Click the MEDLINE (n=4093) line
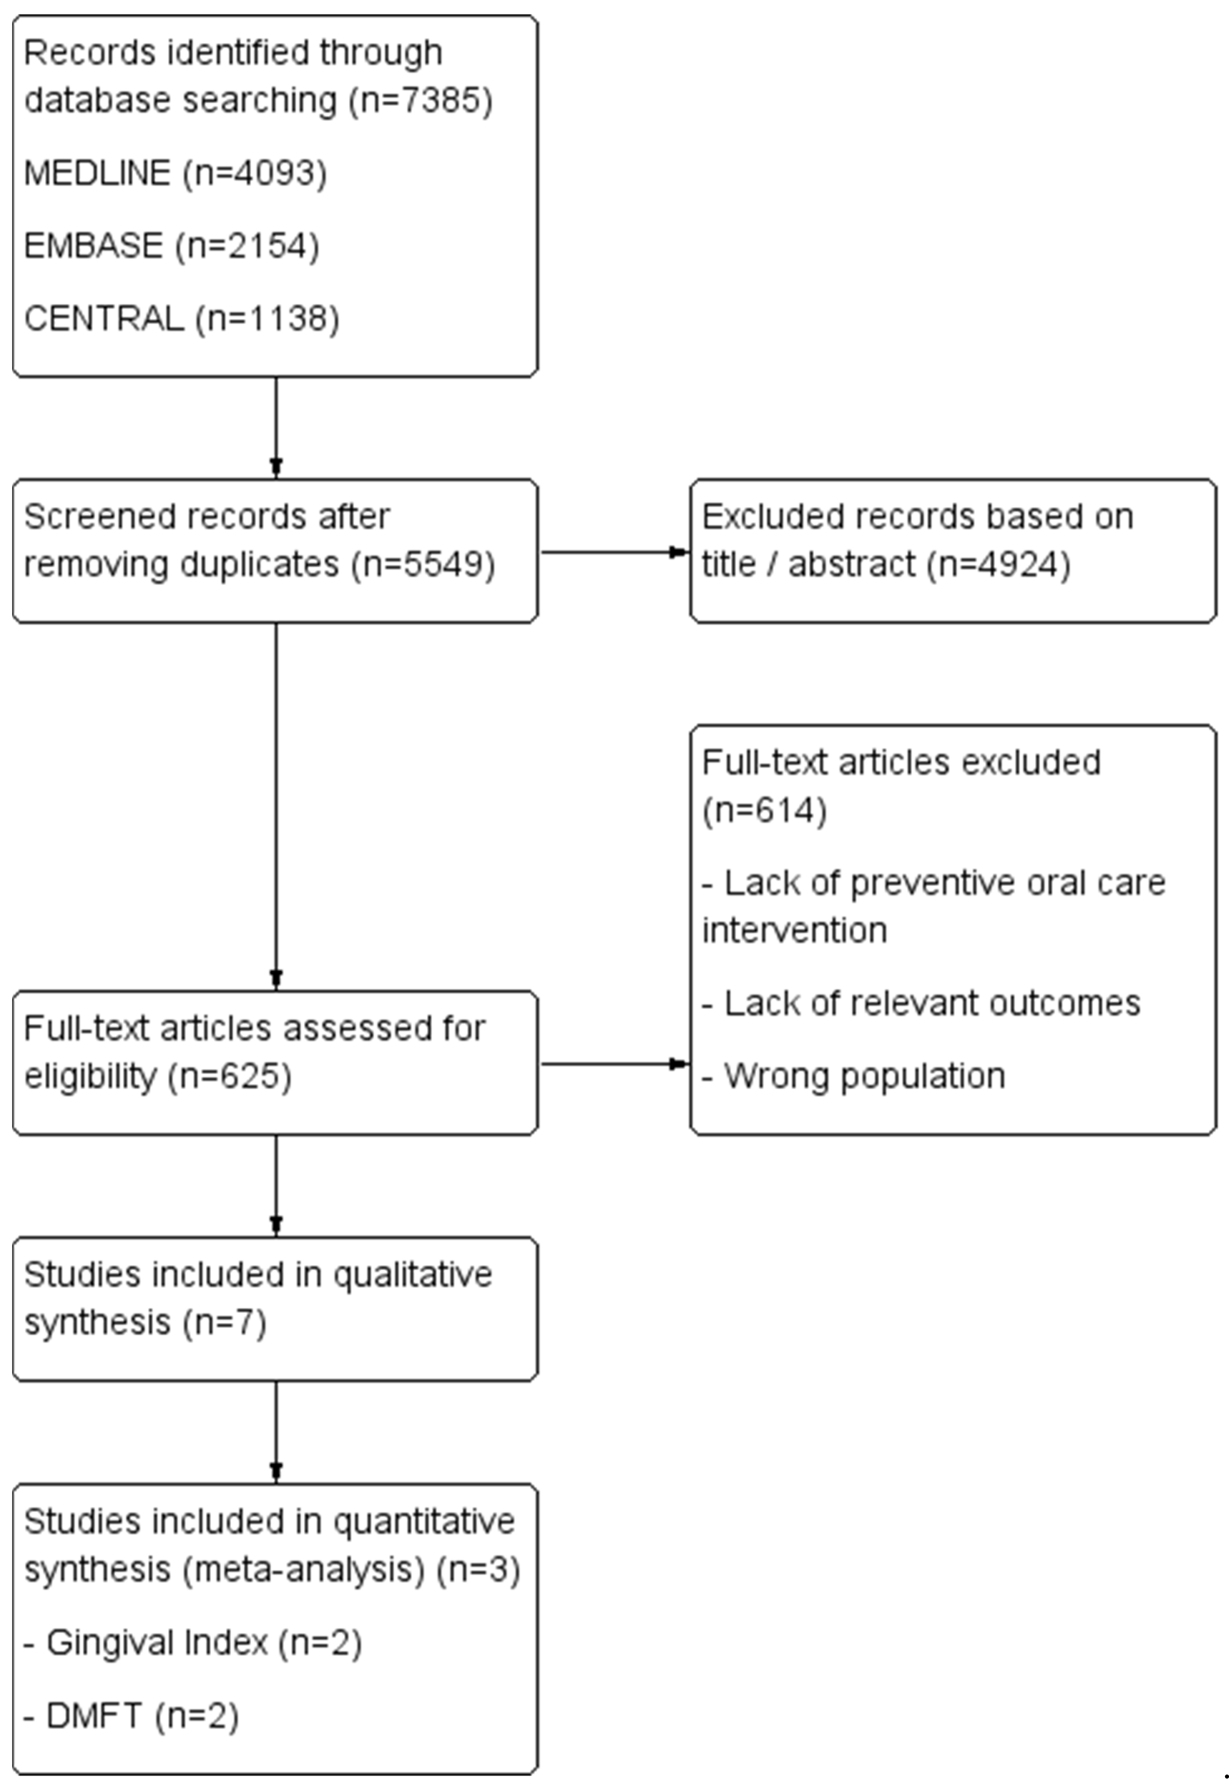point(176,172)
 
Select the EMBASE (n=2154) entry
point(172,246)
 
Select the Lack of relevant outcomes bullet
point(921,1003)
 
